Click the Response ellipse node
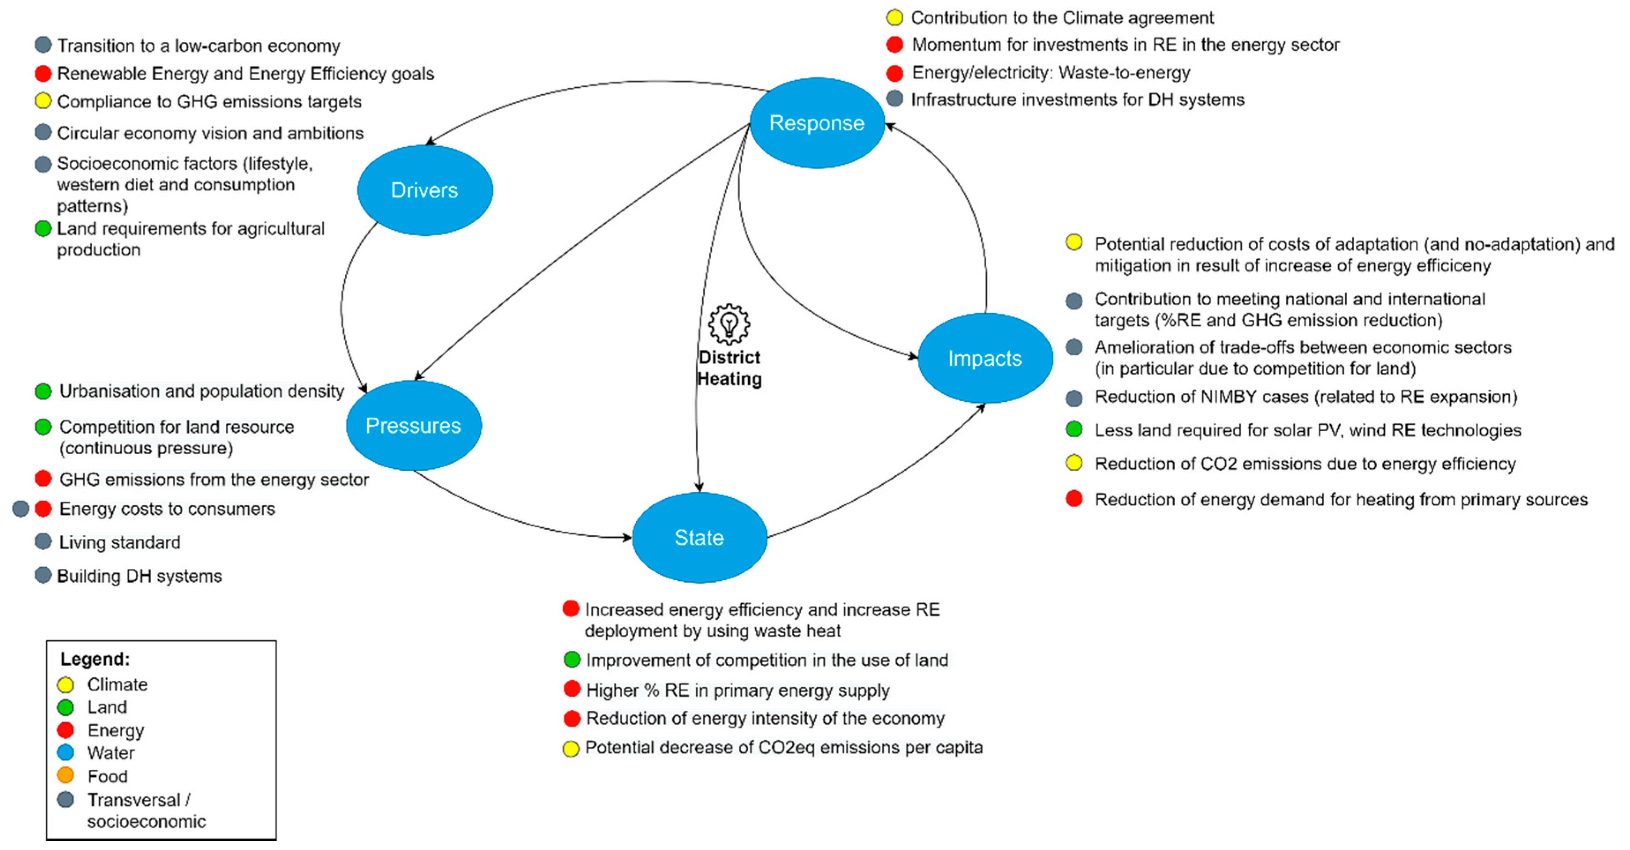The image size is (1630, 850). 816,123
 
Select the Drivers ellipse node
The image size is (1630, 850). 425,190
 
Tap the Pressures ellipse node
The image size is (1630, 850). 413,425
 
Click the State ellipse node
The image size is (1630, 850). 699,537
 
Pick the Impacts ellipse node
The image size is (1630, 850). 985,358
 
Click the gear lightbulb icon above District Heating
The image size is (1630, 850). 729,324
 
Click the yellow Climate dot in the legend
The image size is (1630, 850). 65,685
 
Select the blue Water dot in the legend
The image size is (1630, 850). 65,753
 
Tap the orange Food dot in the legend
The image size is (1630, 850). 65,775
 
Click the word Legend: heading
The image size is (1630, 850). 95,659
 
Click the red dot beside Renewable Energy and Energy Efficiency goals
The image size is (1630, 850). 43,74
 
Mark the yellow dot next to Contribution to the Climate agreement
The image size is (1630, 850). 894,18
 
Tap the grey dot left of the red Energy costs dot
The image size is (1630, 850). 21,509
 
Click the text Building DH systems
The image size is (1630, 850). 139,576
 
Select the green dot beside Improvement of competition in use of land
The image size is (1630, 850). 571,660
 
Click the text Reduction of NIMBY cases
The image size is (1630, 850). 1305,397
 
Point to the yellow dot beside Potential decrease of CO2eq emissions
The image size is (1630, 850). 571,749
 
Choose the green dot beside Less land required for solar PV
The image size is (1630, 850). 1074,430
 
